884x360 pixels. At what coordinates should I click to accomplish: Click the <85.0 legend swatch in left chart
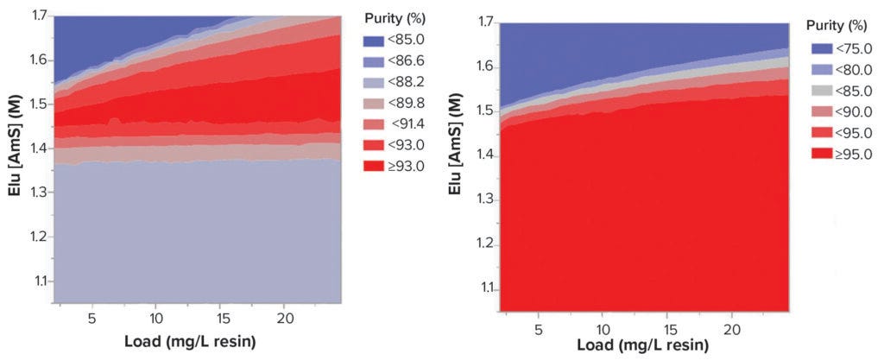pyautogui.click(x=373, y=41)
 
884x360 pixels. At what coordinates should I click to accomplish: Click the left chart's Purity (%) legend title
pyautogui.click(x=398, y=18)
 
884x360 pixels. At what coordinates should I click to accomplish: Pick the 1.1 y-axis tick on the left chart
pyautogui.click(x=40, y=281)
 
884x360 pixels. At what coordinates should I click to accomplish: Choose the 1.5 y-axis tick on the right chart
pyautogui.click(x=485, y=111)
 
